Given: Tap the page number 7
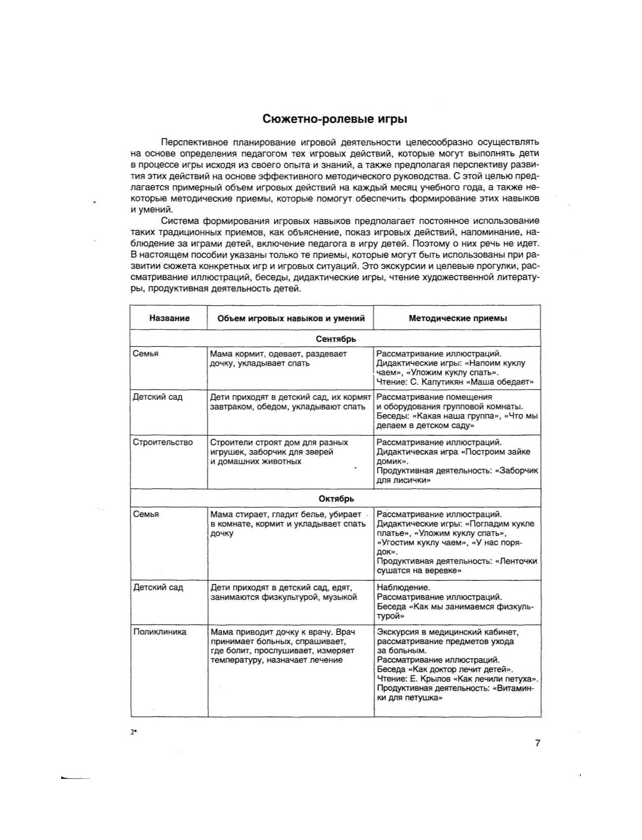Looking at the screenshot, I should coord(537,743).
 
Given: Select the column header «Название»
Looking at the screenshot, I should coord(169,318).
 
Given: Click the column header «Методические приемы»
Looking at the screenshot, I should coord(458,318).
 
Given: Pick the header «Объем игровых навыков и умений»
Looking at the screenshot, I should coord(291,318).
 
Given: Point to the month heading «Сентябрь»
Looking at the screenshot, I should coord(336,339).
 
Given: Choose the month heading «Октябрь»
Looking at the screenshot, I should coord(336,498).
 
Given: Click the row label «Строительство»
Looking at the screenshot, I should coord(163,442).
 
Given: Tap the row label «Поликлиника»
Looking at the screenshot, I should coord(160,632).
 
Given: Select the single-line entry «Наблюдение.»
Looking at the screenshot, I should coord(403,587).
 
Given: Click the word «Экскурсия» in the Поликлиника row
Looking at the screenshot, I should coord(397,632).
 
